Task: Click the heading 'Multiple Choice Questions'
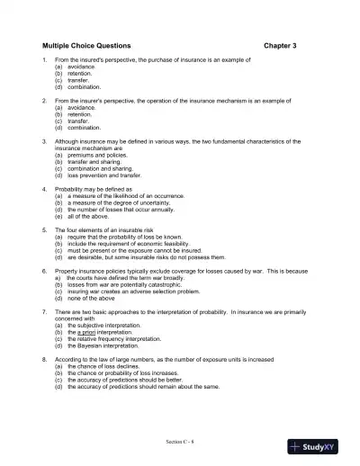point(86,44)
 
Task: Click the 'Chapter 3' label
point(282,44)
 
